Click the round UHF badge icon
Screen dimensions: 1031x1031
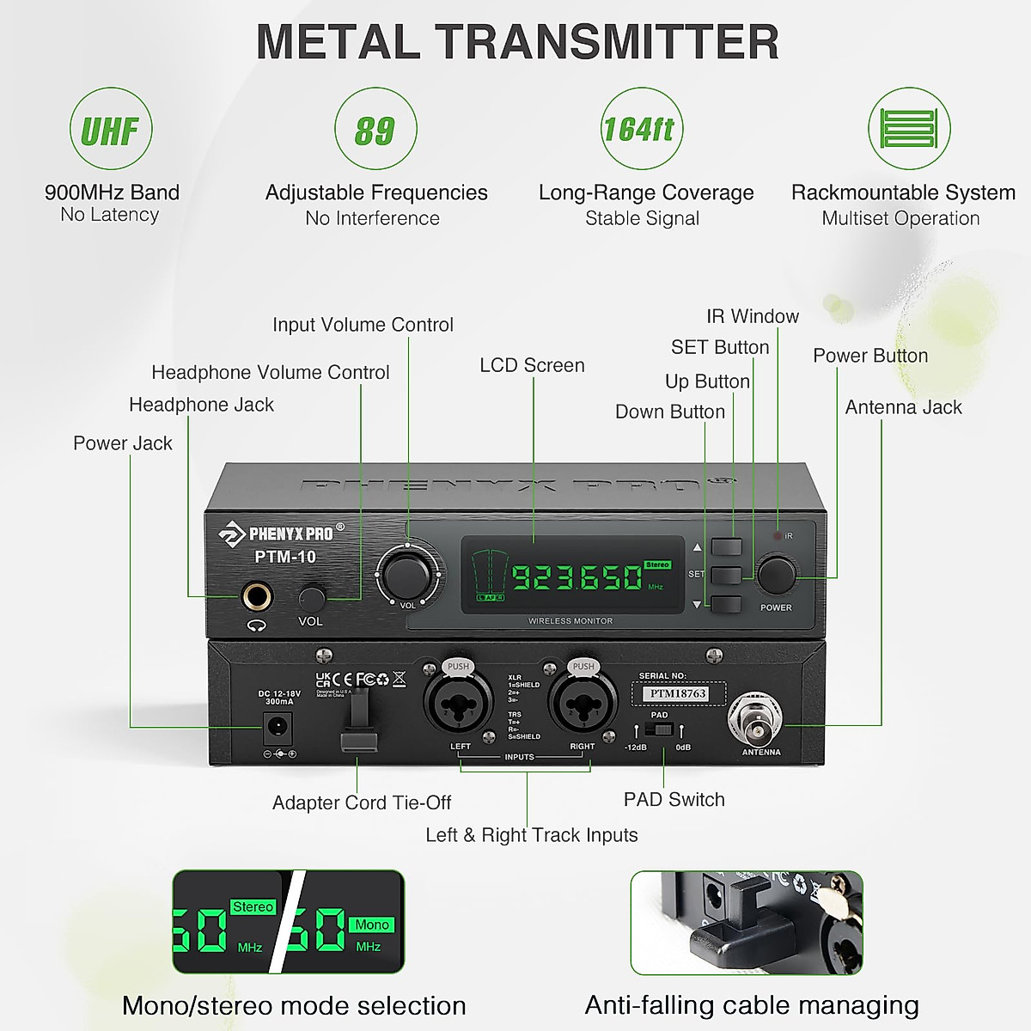(x=110, y=129)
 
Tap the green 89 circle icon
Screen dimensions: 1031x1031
(x=375, y=129)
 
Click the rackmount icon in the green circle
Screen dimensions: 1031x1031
(x=909, y=129)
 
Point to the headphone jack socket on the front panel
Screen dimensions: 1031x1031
(x=256, y=595)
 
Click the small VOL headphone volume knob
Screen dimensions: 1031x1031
(x=312, y=598)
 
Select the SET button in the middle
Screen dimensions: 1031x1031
(x=726, y=575)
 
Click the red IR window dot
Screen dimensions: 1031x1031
(x=778, y=536)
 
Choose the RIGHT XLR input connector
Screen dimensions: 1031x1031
(x=580, y=706)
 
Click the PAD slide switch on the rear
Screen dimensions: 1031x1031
(x=659, y=729)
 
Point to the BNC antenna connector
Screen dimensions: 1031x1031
(x=756, y=719)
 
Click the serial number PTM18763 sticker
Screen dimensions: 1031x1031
(x=678, y=693)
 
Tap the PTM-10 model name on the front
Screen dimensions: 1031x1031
(x=285, y=557)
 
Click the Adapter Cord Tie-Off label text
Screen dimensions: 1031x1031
(x=362, y=802)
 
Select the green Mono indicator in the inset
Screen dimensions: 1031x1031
(x=372, y=924)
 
